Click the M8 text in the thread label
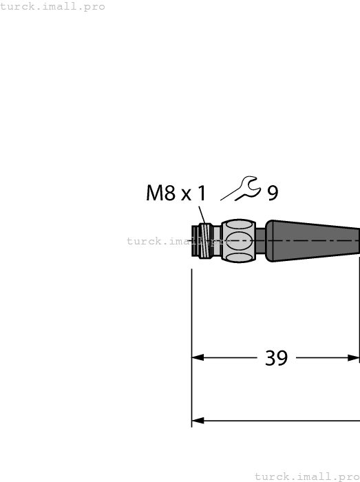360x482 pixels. tap(161, 193)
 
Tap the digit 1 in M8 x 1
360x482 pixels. tap(201, 193)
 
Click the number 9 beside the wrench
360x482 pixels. tap(273, 193)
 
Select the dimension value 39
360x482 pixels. tap(276, 358)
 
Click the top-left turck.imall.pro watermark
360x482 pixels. tap(53, 7)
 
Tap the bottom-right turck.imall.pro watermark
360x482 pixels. tap(307, 476)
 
